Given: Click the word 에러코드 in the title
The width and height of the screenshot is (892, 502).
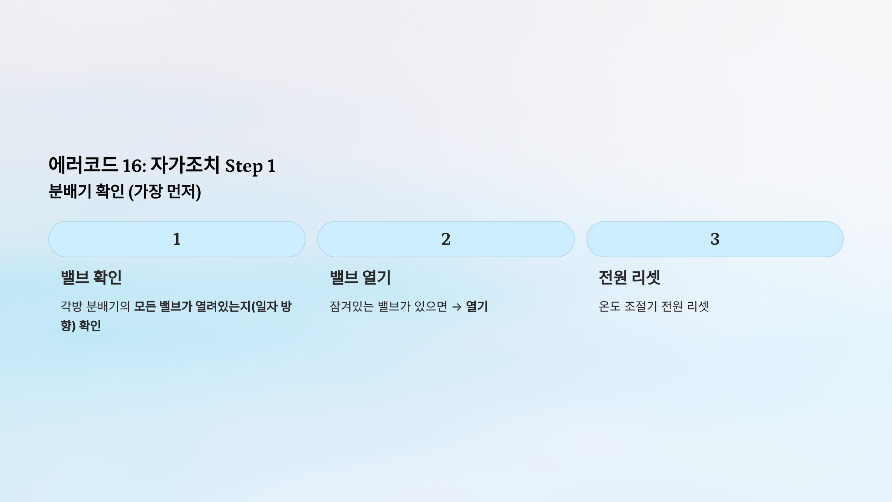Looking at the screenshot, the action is (x=83, y=165).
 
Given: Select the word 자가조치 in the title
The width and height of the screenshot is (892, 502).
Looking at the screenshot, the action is (x=185, y=165).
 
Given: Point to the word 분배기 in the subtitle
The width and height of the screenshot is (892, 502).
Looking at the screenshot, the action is (x=70, y=191).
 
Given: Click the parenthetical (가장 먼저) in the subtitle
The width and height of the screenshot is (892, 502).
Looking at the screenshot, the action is (x=165, y=192).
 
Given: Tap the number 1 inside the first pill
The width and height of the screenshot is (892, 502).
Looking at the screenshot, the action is (x=177, y=239).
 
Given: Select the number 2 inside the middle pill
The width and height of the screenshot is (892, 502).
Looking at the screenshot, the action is (x=446, y=239).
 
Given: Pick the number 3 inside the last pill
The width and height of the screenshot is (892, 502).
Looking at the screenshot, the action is (x=715, y=239).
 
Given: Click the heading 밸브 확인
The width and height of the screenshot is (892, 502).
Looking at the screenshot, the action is (x=91, y=277).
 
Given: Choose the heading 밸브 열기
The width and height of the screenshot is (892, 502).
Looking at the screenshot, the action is (x=360, y=277).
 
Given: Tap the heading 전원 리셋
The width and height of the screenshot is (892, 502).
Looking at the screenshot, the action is (x=629, y=277).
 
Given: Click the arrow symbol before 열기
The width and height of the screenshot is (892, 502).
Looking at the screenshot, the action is (x=457, y=307).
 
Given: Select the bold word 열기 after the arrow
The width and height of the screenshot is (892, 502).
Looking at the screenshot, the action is (x=477, y=306).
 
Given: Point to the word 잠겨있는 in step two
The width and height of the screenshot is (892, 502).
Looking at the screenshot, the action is (x=352, y=306).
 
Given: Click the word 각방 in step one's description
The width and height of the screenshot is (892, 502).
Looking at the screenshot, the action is (x=71, y=306).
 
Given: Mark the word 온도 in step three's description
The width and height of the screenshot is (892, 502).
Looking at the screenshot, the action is (x=610, y=306).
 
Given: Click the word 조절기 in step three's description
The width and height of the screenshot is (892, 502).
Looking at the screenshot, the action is (x=641, y=306).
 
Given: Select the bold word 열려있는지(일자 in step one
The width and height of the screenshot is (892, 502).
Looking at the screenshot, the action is (x=236, y=306).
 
